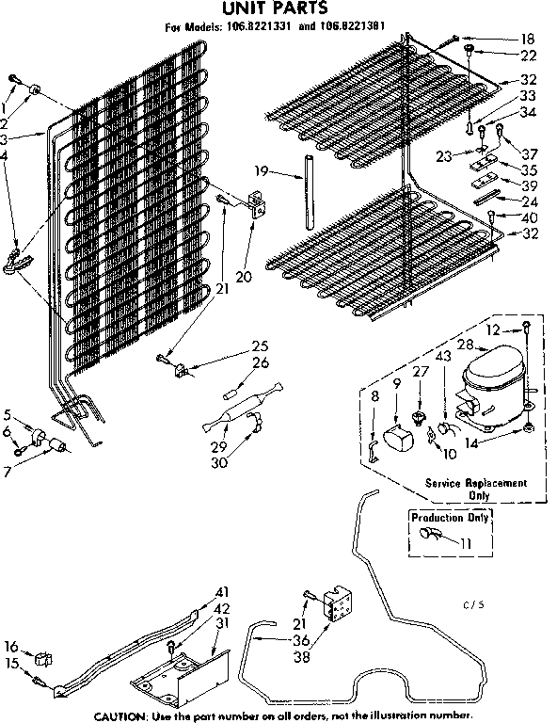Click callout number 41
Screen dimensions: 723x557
coord(222,591)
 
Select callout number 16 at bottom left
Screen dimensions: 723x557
coord(11,646)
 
